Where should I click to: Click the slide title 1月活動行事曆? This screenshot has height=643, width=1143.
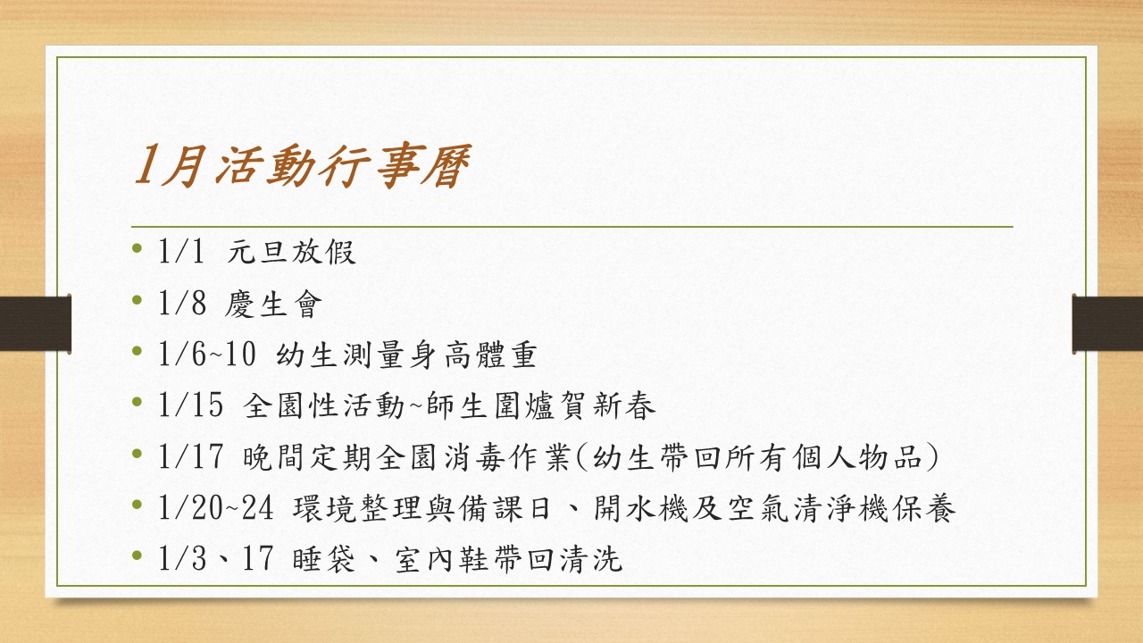pos(302,165)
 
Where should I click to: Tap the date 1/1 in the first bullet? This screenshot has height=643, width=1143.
pos(180,252)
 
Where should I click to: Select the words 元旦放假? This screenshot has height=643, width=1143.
pos(291,252)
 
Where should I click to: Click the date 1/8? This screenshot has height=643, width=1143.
pos(182,303)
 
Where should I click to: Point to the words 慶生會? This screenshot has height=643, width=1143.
pos(273,304)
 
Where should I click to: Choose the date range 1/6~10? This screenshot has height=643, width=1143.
pos(206,355)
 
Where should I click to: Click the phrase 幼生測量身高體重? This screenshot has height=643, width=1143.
pos(406,355)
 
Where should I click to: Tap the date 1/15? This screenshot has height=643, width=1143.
pos(190,405)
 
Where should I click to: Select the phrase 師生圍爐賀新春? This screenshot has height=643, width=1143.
pos(541,406)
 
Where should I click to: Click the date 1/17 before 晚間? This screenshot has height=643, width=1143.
pos(190,456)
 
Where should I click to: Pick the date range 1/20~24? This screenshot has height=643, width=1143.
pos(215,508)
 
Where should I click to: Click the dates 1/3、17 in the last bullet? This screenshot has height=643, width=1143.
pos(215,558)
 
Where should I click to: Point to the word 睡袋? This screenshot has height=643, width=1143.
pos(323,559)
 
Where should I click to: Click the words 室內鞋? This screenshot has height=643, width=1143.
pos(443,559)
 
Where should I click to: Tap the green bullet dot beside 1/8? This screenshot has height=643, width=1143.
pos(137,300)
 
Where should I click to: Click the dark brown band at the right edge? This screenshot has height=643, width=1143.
pos(1107,323)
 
